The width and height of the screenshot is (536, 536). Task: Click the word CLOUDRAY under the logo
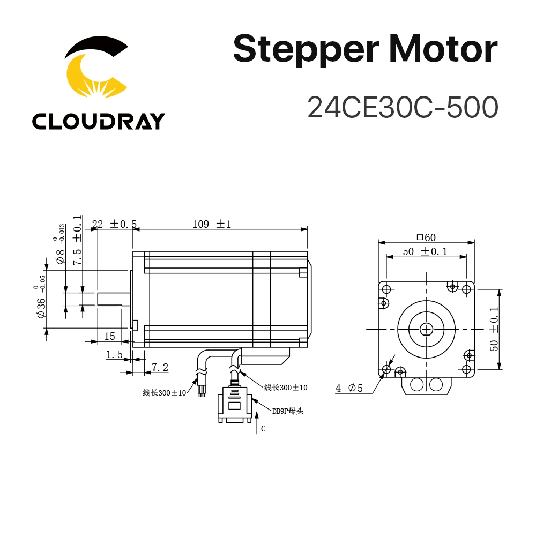[98, 122]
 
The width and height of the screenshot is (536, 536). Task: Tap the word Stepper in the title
[305, 49]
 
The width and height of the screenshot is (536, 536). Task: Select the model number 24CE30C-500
[403, 107]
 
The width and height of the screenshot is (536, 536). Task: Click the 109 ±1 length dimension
[212, 224]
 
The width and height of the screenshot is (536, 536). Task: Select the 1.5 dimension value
[114, 354]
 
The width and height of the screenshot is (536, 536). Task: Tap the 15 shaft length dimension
[109, 336]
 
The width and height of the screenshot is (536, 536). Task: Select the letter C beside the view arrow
[263, 429]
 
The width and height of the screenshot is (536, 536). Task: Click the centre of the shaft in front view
[427, 328]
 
